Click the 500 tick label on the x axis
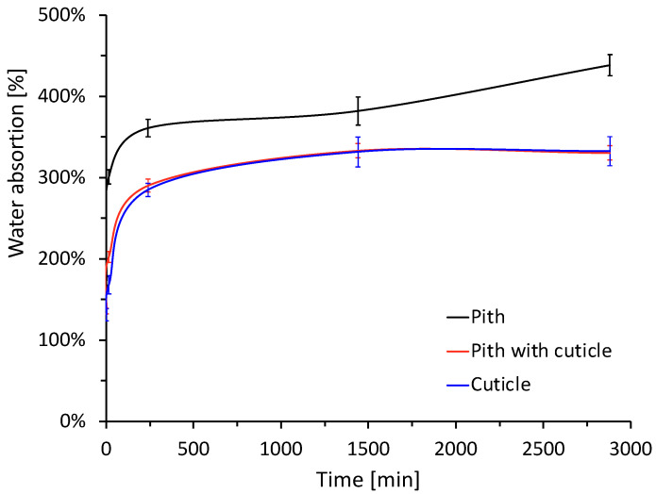click(193, 443)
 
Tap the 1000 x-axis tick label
click(281, 443)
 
